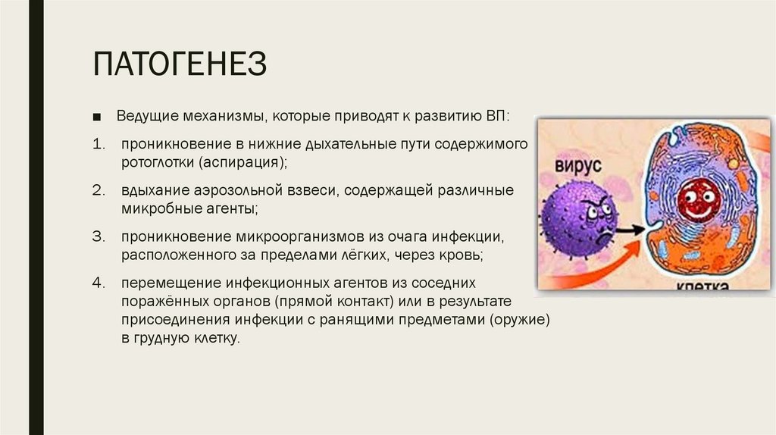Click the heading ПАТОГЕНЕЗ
pyautogui.click(x=180, y=64)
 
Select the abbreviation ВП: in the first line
pyautogui.click(x=498, y=118)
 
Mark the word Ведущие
pyautogui.click(x=145, y=118)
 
